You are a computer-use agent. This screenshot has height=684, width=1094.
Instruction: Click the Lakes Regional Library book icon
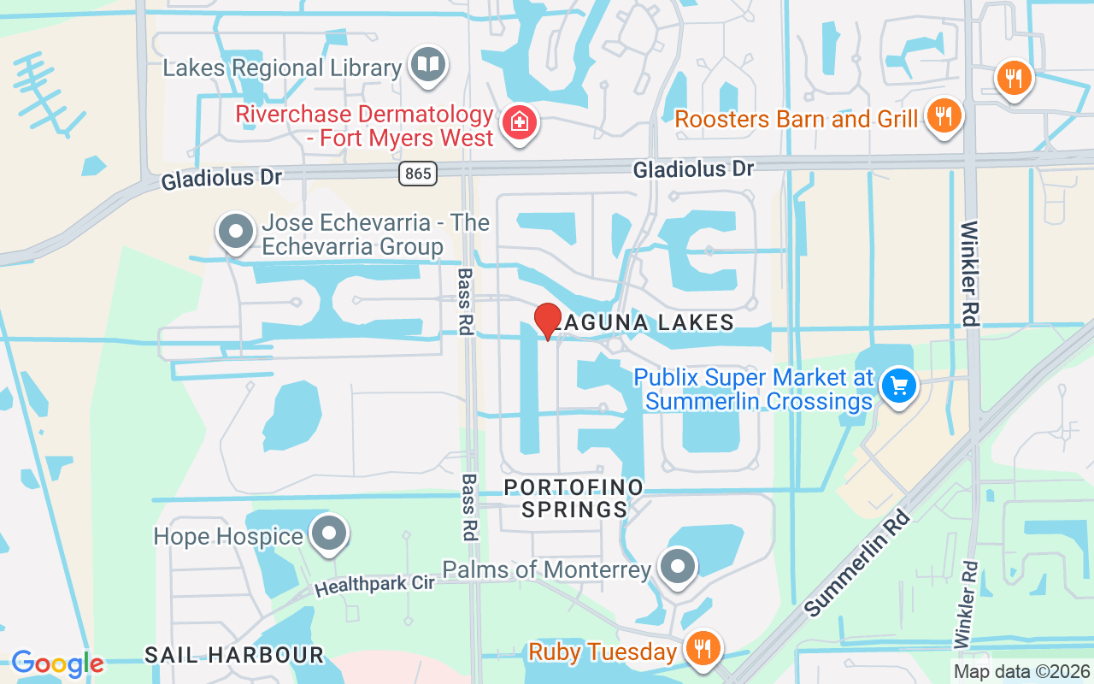coord(428,65)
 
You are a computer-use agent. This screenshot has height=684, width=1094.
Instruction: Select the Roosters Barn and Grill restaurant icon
coord(944,115)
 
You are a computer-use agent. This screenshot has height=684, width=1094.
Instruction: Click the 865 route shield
coord(418,174)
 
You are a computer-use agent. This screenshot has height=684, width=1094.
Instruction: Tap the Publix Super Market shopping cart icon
coord(898,386)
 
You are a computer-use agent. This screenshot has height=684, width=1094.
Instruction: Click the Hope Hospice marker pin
coord(328,534)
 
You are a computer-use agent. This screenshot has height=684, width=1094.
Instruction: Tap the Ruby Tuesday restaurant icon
coord(702,650)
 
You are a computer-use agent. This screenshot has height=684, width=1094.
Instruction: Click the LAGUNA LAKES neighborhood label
coord(644,322)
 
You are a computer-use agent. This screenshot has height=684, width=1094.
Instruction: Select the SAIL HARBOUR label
coord(234,656)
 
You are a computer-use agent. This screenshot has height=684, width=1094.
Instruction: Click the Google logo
coord(57,663)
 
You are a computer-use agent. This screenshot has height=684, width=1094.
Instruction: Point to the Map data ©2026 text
coord(1020,672)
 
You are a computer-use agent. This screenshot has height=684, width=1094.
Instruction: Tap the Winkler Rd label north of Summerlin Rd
coord(969,274)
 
